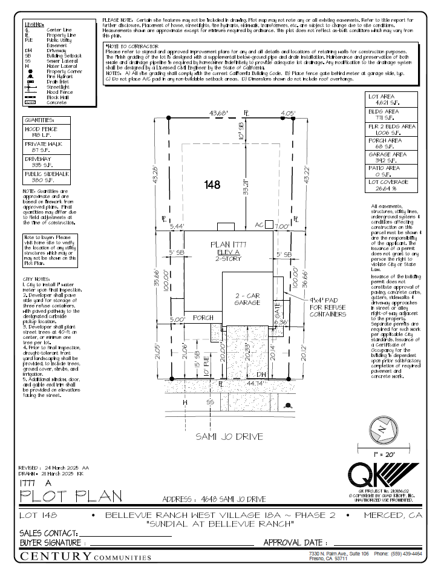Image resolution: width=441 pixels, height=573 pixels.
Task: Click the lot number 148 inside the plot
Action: (212, 183)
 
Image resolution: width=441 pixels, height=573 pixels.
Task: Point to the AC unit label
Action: (259, 224)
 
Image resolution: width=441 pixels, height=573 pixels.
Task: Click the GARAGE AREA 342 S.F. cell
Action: (392, 157)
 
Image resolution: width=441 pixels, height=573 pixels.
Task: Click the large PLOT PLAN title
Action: (71, 496)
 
